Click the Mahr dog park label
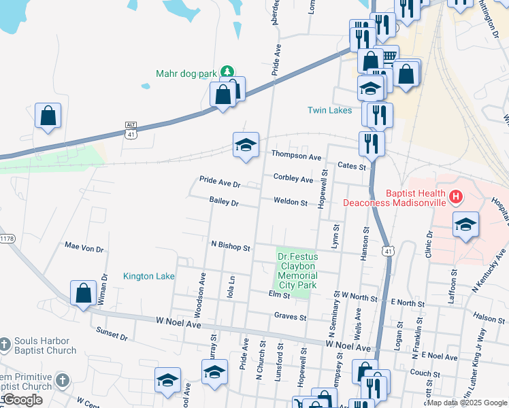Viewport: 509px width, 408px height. point(186,73)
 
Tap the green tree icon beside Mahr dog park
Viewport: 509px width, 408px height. point(228,71)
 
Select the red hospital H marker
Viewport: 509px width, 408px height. point(456,197)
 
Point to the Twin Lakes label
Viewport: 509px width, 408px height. point(330,110)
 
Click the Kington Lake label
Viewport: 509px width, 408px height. point(149,276)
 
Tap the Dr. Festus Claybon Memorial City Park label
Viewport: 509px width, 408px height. point(297,271)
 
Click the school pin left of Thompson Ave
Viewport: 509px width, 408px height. point(246,145)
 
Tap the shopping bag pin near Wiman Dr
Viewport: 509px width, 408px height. point(83,294)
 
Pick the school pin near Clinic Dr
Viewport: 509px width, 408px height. point(465,225)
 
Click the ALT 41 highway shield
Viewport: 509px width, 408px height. point(131,130)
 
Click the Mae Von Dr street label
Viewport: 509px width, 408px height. point(84,249)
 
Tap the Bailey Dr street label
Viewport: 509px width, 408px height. point(225,203)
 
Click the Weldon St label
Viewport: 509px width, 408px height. point(291,201)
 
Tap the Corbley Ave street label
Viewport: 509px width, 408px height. point(293,179)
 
